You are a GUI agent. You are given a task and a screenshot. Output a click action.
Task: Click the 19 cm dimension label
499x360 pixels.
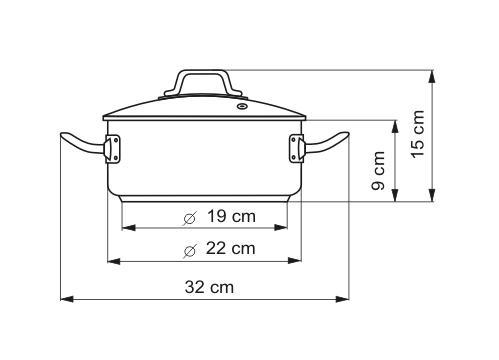click(x=232, y=216)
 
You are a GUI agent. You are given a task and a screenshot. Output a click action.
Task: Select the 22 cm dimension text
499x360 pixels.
click(x=231, y=248)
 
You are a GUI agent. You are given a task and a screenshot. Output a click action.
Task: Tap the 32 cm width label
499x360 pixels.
click(x=209, y=287)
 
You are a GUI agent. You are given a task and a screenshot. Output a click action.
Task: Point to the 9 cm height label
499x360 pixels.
click(x=378, y=170)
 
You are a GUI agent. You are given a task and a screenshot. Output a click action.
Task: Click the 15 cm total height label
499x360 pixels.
click(x=417, y=134)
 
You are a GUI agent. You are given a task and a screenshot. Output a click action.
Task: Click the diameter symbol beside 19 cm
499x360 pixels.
click(x=190, y=218)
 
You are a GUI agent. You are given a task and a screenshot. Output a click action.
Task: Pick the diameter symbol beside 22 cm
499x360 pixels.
click(x=190, y=250)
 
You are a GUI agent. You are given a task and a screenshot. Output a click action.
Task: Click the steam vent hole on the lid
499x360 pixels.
click(x=241, y=107)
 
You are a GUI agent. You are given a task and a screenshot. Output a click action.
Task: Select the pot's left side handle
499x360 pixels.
click(x=83, y=144)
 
